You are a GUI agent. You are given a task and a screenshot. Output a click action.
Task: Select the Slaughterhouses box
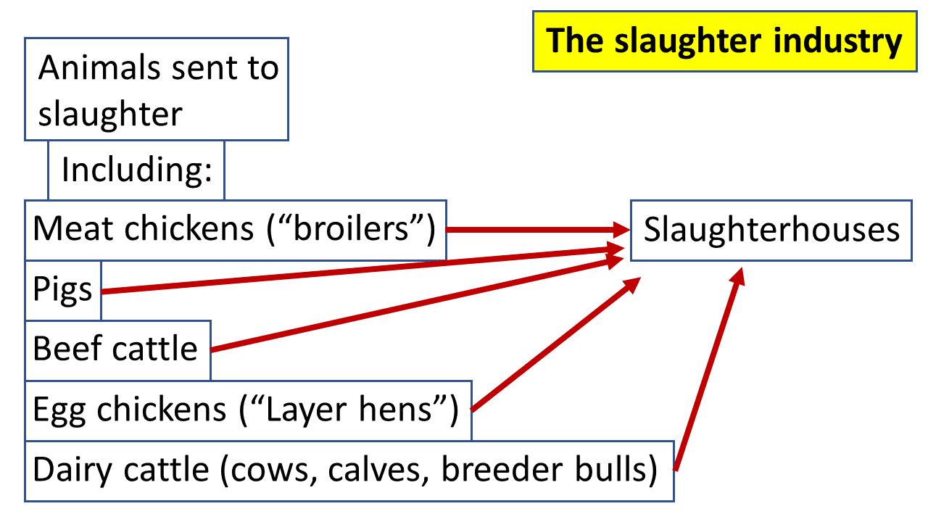pos(771,230)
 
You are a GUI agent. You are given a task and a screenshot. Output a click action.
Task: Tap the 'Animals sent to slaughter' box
pos(157,89)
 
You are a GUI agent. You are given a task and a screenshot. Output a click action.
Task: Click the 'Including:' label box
pos(136,170)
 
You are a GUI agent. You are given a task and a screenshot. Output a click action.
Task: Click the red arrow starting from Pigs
pos(362,270)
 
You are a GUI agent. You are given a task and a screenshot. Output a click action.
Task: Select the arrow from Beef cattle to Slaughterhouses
pos(413,306)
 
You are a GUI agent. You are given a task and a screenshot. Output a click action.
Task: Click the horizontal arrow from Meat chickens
pos(536,230)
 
